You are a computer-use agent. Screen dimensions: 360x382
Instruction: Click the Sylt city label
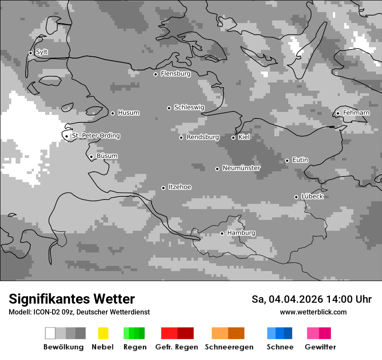point(42,52)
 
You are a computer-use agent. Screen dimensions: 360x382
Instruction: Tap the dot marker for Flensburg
point(155,74)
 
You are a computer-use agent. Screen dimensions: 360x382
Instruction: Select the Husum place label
point(128,113)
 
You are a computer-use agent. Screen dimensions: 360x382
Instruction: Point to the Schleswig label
point(189,107)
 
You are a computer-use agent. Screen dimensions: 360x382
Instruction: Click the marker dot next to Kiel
point(233,137)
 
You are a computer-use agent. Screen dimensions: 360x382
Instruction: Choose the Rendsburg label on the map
point(203,137)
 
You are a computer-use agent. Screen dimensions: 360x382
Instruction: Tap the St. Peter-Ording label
point(95,136)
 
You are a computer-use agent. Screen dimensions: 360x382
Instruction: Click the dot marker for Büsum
point(91,157)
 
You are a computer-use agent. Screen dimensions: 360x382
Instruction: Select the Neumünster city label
point(241,168)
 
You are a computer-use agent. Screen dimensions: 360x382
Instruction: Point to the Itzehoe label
point(180,187)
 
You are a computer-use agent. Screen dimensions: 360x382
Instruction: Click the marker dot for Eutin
point(287,160)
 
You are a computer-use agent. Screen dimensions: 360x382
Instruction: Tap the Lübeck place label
point(312,196)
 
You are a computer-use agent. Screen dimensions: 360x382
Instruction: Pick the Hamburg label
point(241,233)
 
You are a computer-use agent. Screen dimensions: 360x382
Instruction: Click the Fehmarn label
point(356,113)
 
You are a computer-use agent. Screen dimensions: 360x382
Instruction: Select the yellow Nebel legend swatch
point(103,333)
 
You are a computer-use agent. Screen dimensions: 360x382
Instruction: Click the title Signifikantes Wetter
point(72,299)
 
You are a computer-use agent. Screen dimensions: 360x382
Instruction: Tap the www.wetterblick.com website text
point(313,312)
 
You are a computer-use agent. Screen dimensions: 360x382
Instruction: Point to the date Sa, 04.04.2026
point(287,299)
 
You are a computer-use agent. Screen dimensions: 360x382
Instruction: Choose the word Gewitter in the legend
point(320,347)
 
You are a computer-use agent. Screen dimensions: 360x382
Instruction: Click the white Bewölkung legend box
point(50,333)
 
